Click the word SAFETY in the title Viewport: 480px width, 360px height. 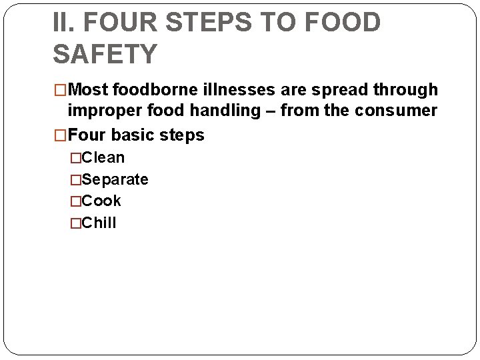click(x=105, y=53)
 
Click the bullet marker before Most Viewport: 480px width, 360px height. click(x=61, y=90)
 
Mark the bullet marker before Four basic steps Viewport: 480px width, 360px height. click(x=61, y=136)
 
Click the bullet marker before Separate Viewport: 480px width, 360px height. click(x=75, y=180)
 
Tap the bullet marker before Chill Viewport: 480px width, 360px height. click(x=75, y=223)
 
